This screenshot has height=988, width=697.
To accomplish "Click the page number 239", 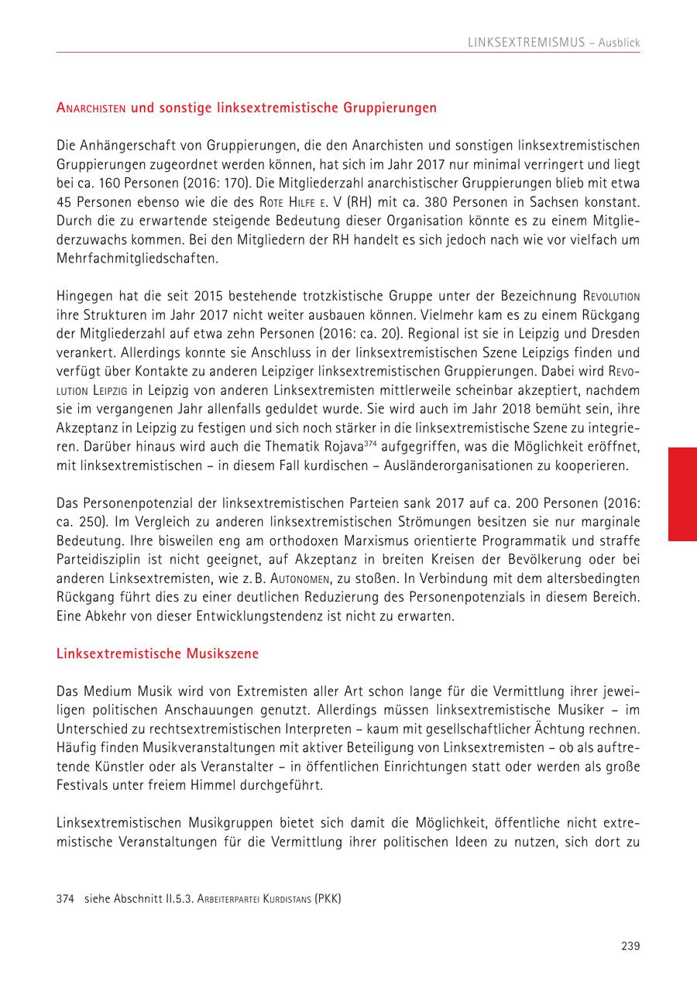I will [x=630, y=945].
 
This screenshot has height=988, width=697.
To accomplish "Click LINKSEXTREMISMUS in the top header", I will [x=527, y=43].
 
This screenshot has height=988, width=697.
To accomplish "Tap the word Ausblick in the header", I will [x=619, y=43].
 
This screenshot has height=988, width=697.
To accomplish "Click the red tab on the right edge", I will [x=682, y=493].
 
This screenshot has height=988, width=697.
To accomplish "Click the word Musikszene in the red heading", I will [x=221, y=654].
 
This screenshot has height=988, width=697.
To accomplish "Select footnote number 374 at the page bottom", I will [x=65, y=899].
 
